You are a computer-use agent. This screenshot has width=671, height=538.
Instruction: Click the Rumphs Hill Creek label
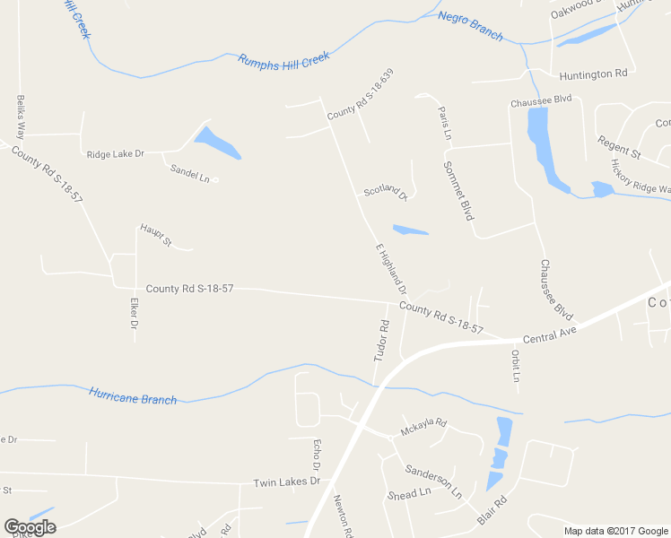pyautogui.click(x=283, y=60)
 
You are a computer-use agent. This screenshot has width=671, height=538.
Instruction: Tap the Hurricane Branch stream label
pyautogui.click(x=133, y=395)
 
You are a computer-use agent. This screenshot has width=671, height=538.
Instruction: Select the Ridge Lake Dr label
pyautogui.click(x=115, y=154)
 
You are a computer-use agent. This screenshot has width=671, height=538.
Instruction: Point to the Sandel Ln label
pyautogui.click(x=190, y=173)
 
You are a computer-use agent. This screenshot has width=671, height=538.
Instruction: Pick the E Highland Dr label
pyautogui.click(x=391, y=270)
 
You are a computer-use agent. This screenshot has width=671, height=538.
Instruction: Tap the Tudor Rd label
pyautogui.click(x=383, y=341)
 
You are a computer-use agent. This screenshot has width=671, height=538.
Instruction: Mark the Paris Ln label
pyautogui.click(x=445, y=123)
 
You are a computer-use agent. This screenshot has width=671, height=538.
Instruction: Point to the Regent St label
pyautogui.click(x=619, y=148)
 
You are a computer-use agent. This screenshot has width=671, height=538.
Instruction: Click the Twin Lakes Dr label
pyautogui.click(x=286, y=482)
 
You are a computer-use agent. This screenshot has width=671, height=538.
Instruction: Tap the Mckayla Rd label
pyautogui.click(x=423, y=428)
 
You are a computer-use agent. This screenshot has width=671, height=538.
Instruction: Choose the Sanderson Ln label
pyautogui.click(x=433, y=481)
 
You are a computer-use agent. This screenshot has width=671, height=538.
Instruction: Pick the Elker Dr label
pyautogui.click(x=134, y=313)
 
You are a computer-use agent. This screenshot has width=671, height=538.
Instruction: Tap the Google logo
pyautogui.click(x=30, y=527)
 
